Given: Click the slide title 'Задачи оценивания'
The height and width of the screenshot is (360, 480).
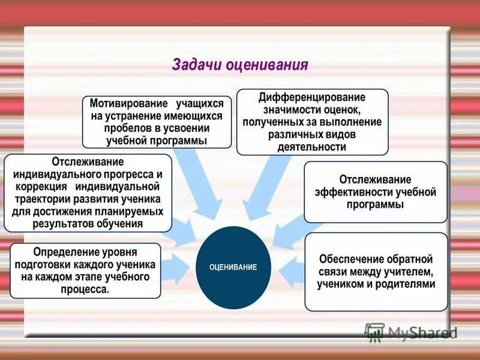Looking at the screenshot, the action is [x=240, y=65].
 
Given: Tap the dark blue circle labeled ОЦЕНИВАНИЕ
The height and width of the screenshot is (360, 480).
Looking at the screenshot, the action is [x=233, y=267].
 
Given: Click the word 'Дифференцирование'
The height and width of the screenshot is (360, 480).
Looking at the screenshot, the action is [x=312, y=97].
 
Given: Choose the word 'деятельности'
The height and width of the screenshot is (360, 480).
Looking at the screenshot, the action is [x=312, y=147].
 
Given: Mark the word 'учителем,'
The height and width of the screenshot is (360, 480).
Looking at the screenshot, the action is [x=409, y=272].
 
